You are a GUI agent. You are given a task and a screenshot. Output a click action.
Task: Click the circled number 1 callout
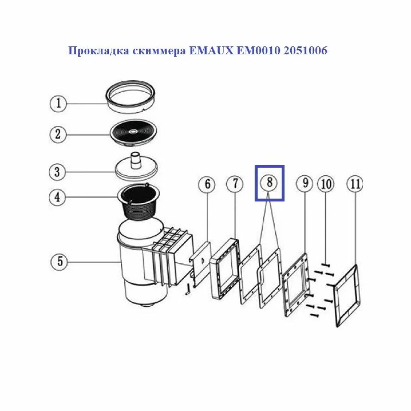coord(58,104)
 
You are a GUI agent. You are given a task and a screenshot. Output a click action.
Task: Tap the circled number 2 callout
coord(58,135)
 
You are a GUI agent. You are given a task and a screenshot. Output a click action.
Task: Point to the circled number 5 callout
coord(60,261)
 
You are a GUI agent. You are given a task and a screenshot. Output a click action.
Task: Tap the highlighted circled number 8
coord(269,183)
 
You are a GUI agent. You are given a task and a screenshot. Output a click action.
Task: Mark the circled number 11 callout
coord(355,184)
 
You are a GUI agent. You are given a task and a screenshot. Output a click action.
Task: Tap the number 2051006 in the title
coord(305,52)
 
